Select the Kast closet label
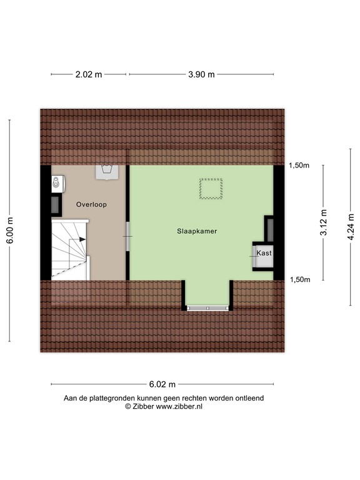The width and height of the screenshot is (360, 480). [x=264, y=253]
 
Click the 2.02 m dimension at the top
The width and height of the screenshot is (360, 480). [x=88, y=74]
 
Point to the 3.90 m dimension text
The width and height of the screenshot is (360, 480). [x=201, y=74]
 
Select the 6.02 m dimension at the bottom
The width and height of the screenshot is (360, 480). [x=161, y=384]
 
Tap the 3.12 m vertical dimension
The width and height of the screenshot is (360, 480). [x=323, y=222]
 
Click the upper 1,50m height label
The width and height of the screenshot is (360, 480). [x=299, y=166]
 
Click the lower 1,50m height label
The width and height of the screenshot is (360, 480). [x=299, y=279]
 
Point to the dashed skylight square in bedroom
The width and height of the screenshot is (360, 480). [x=211, y=189]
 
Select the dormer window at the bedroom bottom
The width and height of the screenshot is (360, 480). [x=207, y=308]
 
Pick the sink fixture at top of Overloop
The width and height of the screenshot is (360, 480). [x=106, y=171]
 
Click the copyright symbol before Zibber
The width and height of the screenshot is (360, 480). [x=128, y=406]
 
